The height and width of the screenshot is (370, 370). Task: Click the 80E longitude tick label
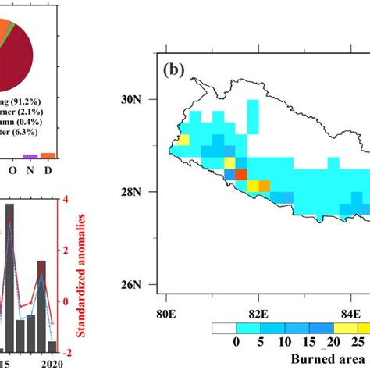click(166, 315)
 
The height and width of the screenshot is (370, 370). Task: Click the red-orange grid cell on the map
click(241, 174)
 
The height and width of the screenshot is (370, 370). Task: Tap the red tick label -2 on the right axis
click(65, 353)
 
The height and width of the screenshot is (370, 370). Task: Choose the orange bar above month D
click(48, 155)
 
